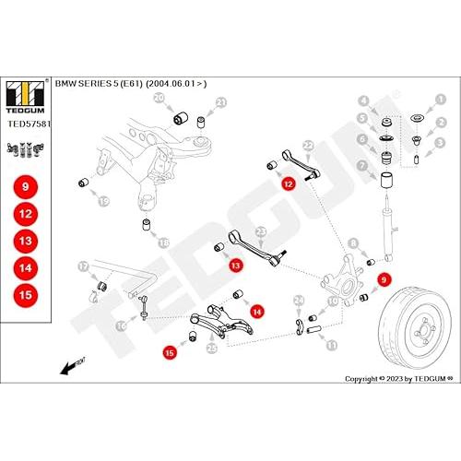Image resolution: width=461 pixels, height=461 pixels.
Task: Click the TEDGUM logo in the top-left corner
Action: pos(26,97)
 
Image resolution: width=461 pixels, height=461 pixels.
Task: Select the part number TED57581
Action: pos(29,124)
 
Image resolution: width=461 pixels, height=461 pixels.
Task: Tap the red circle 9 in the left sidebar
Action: pos(26,187)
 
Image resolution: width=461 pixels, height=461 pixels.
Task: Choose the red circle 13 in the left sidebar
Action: pos(26,241)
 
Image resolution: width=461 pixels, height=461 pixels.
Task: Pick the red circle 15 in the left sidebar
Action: pos(26,295)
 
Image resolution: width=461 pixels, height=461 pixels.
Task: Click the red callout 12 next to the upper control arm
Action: pos(289,183)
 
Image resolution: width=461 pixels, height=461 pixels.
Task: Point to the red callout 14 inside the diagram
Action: pos(257,312)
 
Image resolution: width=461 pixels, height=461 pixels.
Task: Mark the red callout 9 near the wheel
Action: pos(384,279)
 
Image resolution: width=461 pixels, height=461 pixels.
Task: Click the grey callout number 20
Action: pos(160,99)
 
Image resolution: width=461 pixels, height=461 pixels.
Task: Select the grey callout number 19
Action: pos(104,202)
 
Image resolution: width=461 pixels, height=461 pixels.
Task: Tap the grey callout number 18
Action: pos(163,243)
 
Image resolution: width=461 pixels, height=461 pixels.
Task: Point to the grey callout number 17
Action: pos(83,266)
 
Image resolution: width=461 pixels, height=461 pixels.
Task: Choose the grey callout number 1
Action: pos(441,100)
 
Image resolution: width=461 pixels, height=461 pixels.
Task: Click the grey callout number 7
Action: pos(362,166)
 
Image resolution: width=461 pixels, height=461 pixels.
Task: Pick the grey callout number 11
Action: pos(331,345)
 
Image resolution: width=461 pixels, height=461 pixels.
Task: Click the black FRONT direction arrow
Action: pos(73,365)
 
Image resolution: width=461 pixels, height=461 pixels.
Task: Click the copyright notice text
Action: pos(399,379)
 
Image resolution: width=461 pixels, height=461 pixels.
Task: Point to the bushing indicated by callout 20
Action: pos(181,118)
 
